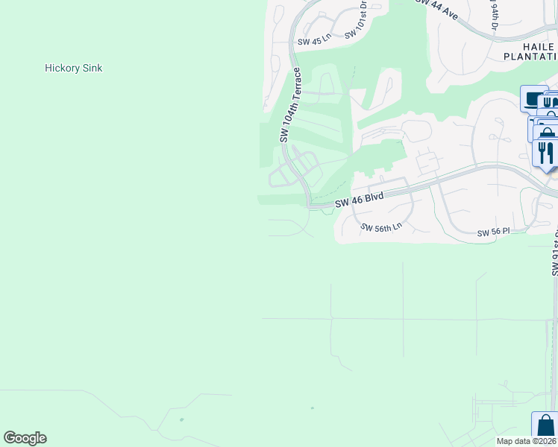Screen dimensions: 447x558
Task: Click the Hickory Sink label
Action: [x=73, y=68]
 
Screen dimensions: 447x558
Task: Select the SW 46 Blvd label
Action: [x=359, y=200]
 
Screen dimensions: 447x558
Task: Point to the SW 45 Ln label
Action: [x=313, y=42]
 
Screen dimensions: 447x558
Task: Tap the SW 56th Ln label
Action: [x=381, y=227]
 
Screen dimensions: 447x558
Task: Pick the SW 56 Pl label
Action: [x=493, y=232]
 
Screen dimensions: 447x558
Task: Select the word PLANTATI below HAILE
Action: [x=530, y=57]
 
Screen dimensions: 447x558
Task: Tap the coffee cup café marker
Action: [x=533, y=98]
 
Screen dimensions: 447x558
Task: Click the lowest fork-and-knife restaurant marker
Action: [x=545, y=153]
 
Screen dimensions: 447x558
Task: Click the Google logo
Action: [x=25, y=438]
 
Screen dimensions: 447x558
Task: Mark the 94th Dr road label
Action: [x=494, y=15]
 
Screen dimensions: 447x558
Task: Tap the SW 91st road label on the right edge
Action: [x=554, y=253]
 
